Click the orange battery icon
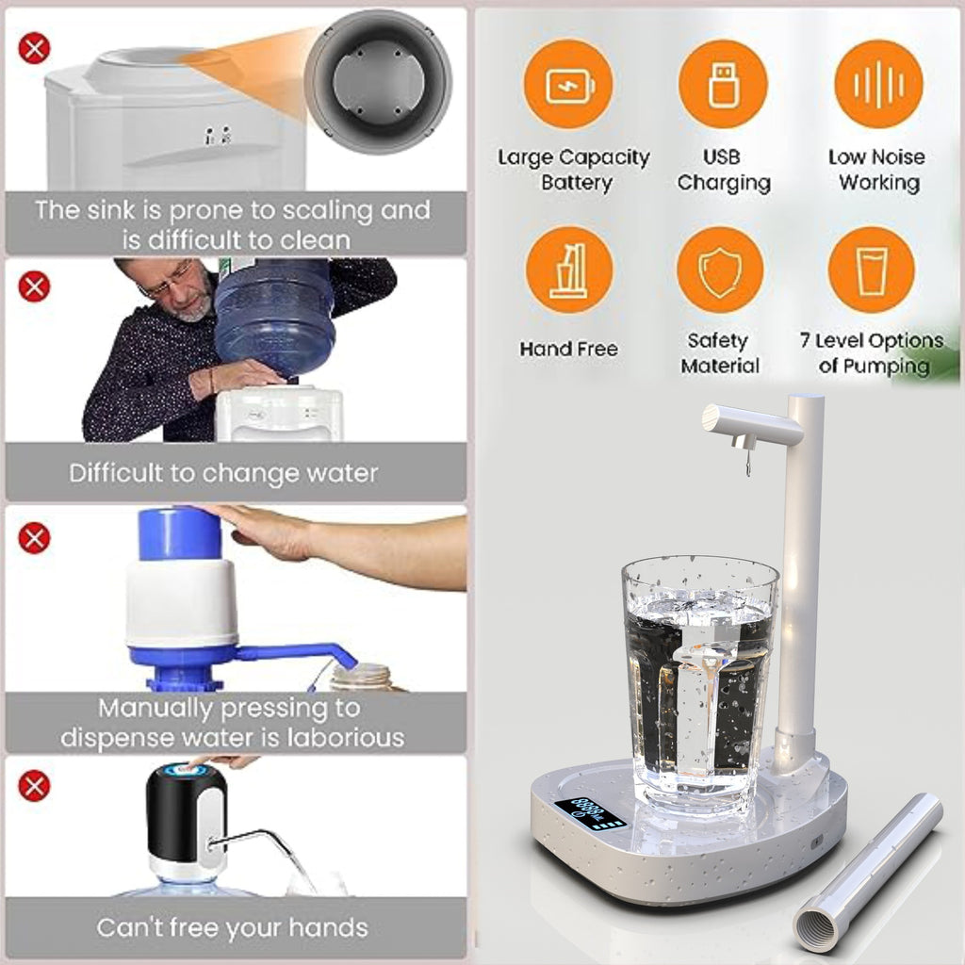[x=568, y=85]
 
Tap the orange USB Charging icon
[x=723, y=85]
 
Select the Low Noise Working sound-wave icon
[x=878, y=85]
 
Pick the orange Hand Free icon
[x=568, y=270]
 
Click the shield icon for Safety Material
[x=720, y=270]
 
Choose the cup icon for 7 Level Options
[x=871, y=270]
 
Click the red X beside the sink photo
[x=34, y=47]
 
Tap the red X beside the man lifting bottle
[x=34, y=286]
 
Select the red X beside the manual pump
[x=34, y=538]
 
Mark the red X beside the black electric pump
[x=34, y=785]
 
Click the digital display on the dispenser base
[x=590, y=811]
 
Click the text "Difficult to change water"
[x=223, y=472]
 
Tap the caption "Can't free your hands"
[x=232, y=927]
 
